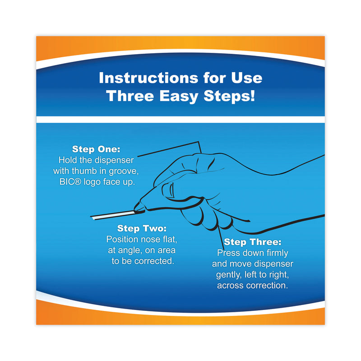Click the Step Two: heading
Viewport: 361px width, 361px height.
[142, 228]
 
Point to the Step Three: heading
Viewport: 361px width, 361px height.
[253, 242]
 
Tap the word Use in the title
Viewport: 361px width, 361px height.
[246, 78]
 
